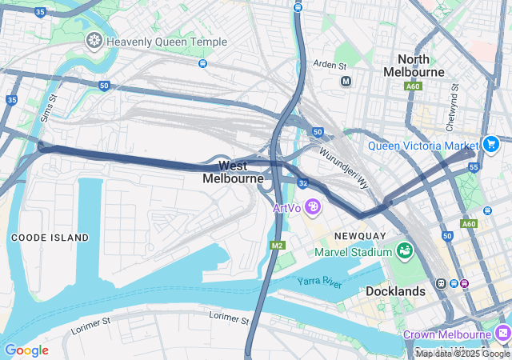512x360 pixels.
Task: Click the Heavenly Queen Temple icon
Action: pyautogui.click(x=94, y=40)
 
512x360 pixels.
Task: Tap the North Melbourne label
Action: pyautogui.click(x=414, y=66)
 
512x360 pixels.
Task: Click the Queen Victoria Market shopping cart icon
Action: pyautogui.click(x=491, y=145)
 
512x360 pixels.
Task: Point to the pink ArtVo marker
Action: pyautogui.click(x=312, y=208)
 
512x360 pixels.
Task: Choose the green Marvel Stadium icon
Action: pyautogui.click(x=405, y=252)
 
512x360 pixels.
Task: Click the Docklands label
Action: pyautogui.click(x=395, y=291)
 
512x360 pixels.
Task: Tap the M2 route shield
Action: pyautogui.click(x=277, y=245)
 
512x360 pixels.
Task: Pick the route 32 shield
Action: pyautogui.click(x=303, y=183)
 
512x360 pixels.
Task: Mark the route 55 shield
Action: pyautogui.click(x=474, y=167)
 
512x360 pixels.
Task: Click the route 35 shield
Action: pyautogui.click(x=11, y=100)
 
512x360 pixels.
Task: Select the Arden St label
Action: pyautogui.click(x=330, y=64)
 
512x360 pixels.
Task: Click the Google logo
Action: pyautogui.click(x=26, y=350)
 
